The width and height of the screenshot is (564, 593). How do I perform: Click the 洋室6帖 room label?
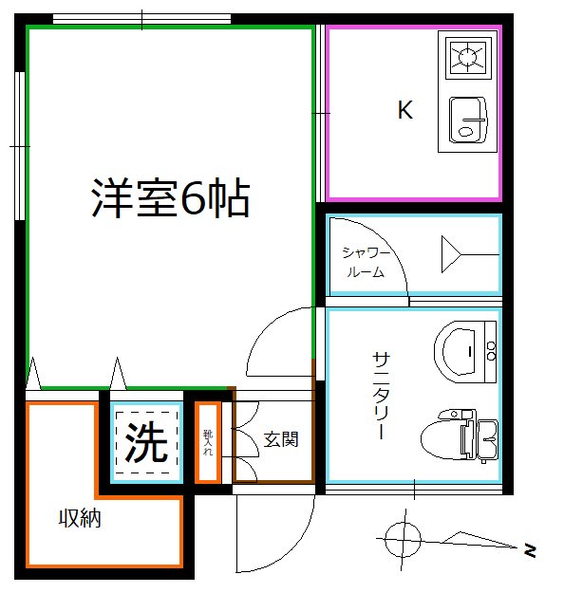point(170,198)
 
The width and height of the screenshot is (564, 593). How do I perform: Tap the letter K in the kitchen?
point(404,111)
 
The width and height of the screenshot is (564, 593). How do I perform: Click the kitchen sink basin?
point(467,120)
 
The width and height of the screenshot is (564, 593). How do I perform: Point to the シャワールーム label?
point(365,262)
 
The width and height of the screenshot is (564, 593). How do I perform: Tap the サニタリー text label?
point(380,395)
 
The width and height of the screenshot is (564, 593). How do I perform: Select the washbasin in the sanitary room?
point(464,349)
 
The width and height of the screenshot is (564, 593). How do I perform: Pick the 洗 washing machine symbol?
point(146,442)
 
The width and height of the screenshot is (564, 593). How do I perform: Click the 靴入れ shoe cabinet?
point(208,441)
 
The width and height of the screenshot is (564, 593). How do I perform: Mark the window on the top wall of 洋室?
point(141,18)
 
